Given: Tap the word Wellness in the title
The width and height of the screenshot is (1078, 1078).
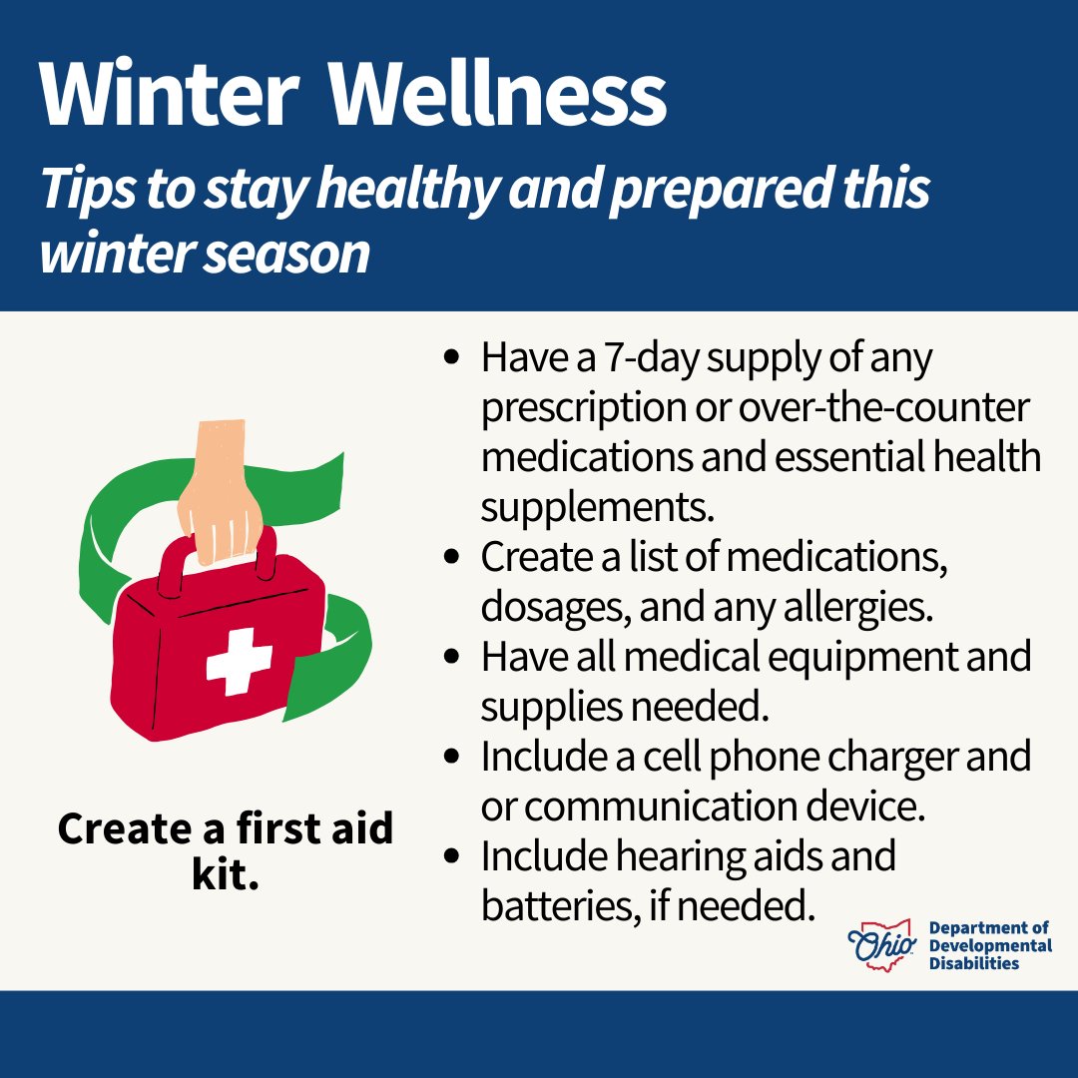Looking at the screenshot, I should pyautogui.click(x=499, y=95).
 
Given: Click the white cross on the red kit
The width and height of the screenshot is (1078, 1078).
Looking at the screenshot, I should pyautogui.click(x=240, y=660).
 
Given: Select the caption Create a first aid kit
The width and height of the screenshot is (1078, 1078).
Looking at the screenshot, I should pyautogui.click(x=226, y=849).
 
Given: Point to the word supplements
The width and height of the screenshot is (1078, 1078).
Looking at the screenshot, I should pyautogui.click(x=598, y=507).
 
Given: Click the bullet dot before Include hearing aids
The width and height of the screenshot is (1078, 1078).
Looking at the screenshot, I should pyautogui.click(x=455, y=855).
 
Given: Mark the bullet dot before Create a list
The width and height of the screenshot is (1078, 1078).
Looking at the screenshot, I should pyautogui.click(x=455, y=556).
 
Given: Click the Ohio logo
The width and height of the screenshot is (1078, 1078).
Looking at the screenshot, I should pyautogui.click(x=879, y=942).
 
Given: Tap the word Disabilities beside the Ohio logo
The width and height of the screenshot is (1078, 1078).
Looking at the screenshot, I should pyautogui.click(x=973, y=963).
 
